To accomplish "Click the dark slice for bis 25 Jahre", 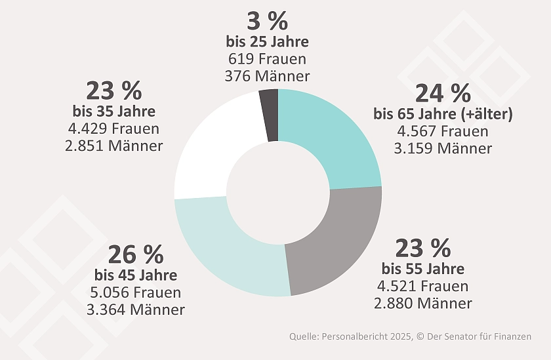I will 270,115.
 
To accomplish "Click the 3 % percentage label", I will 267,22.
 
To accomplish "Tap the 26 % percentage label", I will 136,254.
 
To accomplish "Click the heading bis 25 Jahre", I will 267,42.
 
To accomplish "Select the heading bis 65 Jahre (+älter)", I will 443,114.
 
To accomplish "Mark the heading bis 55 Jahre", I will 423,269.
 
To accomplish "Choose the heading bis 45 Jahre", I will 136,275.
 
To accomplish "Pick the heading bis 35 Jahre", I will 114,110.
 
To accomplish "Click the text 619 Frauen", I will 267,59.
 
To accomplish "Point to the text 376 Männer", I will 267,76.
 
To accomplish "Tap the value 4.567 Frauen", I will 443,131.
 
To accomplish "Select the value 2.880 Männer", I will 423,304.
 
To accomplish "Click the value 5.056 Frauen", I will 136,292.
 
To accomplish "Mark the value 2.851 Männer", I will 114,145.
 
